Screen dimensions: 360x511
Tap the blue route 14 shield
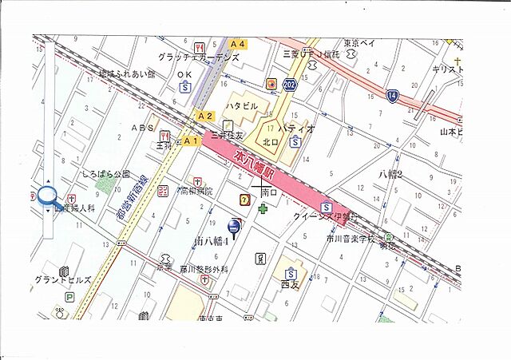pos(392,95)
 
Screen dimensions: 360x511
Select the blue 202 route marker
pos(289,84)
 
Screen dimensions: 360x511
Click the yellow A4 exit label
pos(238,44)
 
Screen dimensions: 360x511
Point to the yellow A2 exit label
pos(205,116)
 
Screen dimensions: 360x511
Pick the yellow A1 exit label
pos(189,140)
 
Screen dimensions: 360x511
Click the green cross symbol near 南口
pos(263,208)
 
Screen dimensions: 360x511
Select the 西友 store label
pos(289,283)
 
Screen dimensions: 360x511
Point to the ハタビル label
pos(240,105)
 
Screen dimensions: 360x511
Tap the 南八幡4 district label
pos(212,239)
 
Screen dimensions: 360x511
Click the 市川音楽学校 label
pos(350,239)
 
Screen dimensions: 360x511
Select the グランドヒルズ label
pos(62,280)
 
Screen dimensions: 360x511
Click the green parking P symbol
pos(69,297)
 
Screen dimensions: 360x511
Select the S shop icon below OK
pos(185,88)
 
